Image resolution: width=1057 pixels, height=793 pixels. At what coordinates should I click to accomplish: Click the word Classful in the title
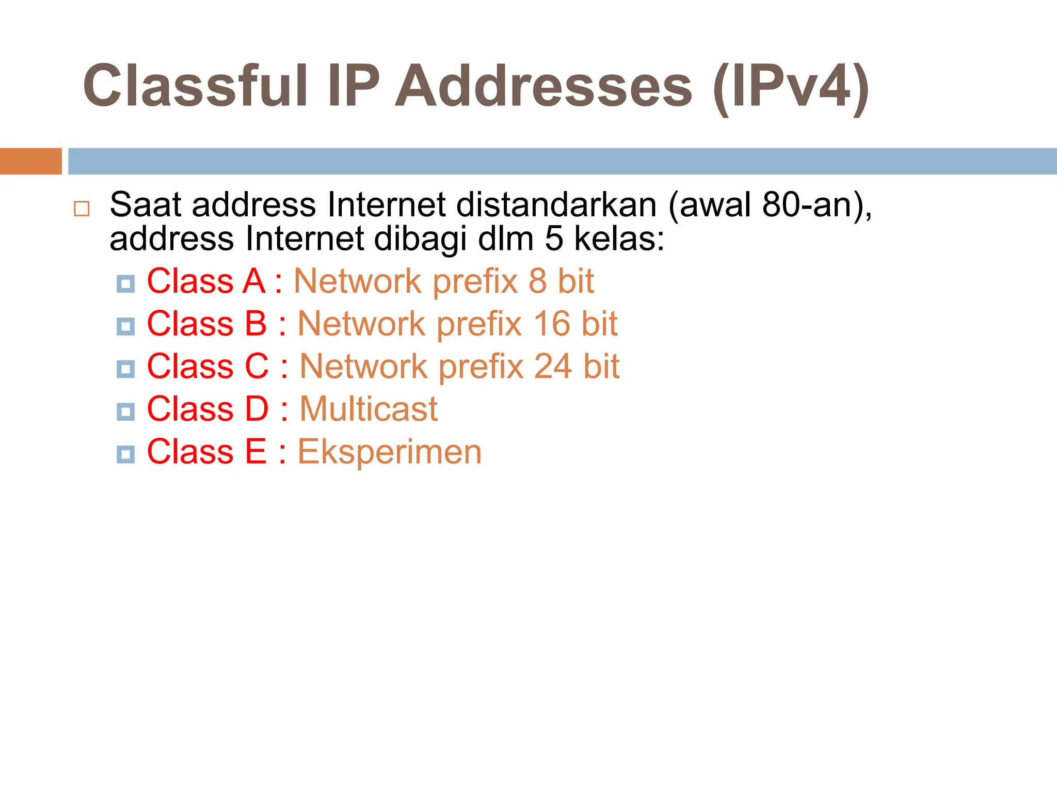click(x=196, y=86)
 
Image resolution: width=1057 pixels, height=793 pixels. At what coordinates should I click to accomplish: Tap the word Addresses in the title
click(x=543, y=86)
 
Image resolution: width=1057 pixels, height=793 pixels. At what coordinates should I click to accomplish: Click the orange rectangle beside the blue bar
click(x=30, y=161)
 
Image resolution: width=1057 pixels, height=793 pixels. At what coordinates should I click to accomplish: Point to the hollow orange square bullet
click(x=82, y=209)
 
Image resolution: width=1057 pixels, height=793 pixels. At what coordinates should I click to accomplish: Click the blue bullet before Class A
click(x=125, y=284)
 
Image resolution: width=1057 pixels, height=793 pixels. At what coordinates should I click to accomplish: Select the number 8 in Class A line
click(x=537, y=281)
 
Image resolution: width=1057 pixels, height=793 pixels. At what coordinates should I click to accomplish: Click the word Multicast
click(x=369, y=409)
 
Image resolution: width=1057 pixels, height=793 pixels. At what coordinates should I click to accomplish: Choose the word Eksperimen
click(x=389, y=452)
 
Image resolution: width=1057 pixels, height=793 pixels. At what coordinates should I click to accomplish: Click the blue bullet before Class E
click(x=125, y=454)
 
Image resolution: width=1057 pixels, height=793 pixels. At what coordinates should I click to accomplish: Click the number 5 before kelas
click(x=554, y=239)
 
